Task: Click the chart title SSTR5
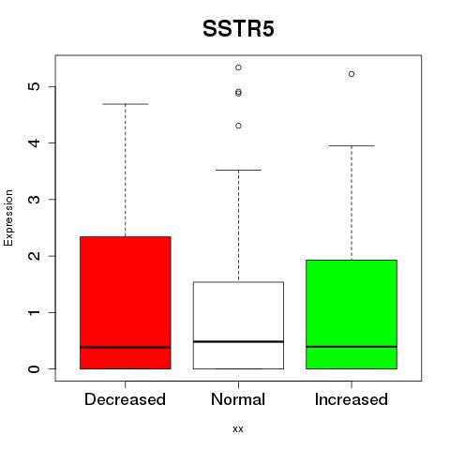tap(238, 29)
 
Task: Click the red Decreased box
tap(126, 303)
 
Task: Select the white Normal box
tap(238, 325)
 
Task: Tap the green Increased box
tap(352, 314)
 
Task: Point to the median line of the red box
tap(126, 347)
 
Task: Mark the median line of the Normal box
tap(238, 341)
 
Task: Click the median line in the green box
tap(352, 347)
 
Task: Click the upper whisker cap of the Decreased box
tap(126, 104)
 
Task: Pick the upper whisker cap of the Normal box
tap(238, 170)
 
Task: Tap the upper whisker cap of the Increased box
tap(352, 145)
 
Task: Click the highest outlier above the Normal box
tap(238, 67)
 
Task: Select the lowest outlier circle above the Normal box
tap(238, 126)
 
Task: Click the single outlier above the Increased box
tap(352, 74)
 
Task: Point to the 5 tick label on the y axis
tap(35, 86)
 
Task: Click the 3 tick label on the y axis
tap(35, 200)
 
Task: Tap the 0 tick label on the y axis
tap(35, 369)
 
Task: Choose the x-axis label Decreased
tap(125, 399)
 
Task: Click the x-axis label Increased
tap(352, 399)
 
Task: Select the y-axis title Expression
tap(8, 217)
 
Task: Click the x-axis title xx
tap(238, 429)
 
